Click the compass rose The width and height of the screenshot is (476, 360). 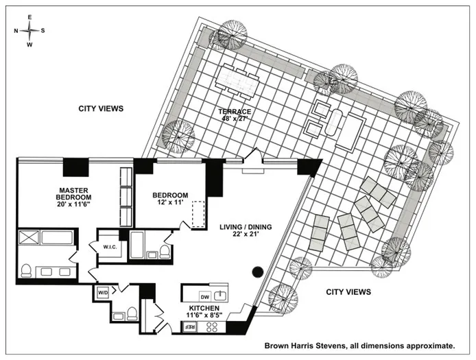tap(28, 30)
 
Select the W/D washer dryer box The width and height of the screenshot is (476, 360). tap(103, 292)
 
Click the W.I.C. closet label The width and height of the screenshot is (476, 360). tap(112, 248)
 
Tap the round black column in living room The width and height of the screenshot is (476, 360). tap(258, 271)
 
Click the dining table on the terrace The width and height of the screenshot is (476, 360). tap(237, 81)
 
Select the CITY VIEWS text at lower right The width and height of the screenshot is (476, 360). tap(347, 291)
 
